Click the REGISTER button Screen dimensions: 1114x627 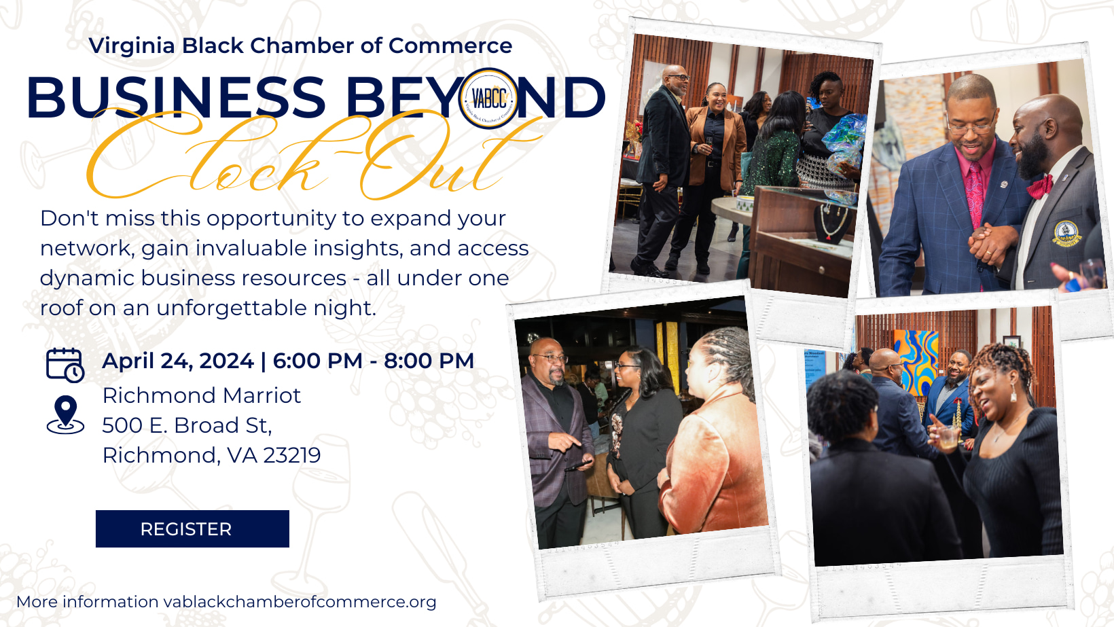coord(192,529)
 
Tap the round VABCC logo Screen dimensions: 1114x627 coord(488,98)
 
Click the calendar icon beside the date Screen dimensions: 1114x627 coord(65,365)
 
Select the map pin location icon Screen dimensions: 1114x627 coord(65,414)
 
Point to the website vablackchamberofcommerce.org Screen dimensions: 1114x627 coord(300,602)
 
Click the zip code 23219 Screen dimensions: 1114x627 coord(292,455)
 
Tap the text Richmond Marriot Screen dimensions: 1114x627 coord(202,396)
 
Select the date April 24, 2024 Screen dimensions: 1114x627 coord(178,361)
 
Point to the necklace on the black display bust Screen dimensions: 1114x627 coord(833,221)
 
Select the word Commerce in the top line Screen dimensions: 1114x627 coord(450,46)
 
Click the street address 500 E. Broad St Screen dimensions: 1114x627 coord(187,426)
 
